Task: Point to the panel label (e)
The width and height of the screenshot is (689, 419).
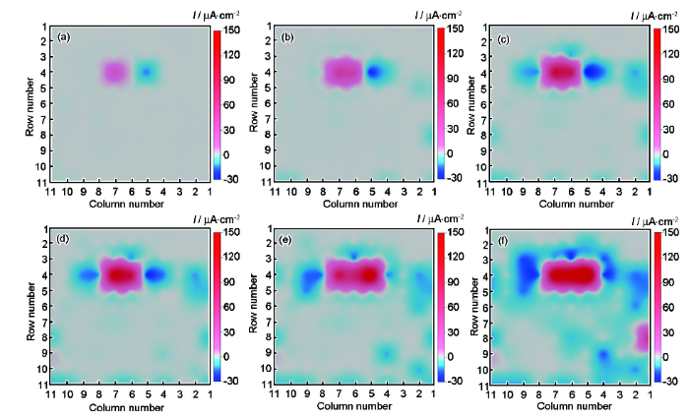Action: click(x=285, y=241)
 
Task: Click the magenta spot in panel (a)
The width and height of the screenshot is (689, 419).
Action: click(x=114, y=72)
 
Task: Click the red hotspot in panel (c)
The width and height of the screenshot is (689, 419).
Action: click(x=560, y=72)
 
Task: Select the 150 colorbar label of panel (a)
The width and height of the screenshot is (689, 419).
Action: click(x=232, y=30)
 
